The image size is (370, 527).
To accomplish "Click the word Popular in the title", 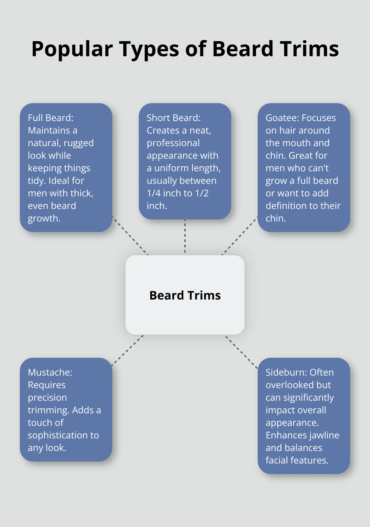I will [72, 49].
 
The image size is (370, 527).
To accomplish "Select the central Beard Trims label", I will [185, 295].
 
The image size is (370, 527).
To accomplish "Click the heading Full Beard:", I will [51, 118].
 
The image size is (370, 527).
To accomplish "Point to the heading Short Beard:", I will [173, 118].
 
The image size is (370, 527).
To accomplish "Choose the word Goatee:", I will [282, 118].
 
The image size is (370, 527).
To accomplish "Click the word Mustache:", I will [50, 372].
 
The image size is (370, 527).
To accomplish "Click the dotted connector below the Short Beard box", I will [185, 237].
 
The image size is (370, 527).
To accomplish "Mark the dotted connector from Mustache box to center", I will [128, 350].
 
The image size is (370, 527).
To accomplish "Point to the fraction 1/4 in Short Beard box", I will [154, 193].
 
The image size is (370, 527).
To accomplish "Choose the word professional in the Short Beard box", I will [173, 143].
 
